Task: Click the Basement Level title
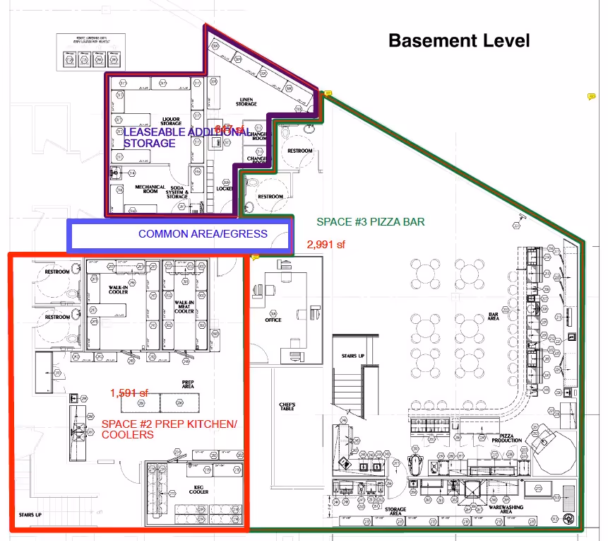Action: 459,40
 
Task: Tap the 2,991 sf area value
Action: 326,245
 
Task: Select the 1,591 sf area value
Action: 129,392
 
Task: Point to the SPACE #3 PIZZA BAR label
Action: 370,222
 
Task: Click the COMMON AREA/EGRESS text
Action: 203,234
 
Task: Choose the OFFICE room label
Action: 273,320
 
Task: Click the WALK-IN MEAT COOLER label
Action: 184,307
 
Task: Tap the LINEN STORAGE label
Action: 246,102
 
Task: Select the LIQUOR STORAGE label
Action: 172,121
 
